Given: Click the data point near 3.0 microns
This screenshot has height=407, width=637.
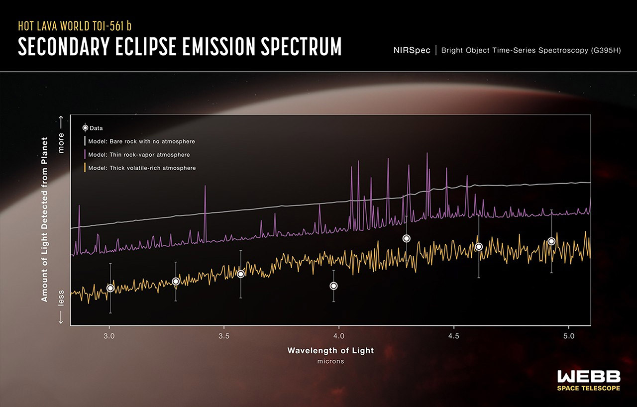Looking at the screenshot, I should coord(110,288).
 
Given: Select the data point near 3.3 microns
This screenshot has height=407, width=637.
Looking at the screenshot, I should coord(176,282).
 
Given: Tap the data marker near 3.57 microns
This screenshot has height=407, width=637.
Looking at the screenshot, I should coord(241,274).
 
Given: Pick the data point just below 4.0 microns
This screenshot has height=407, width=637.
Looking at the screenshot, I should coord(333,286).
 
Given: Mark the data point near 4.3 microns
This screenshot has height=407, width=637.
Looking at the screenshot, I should coord(407,238).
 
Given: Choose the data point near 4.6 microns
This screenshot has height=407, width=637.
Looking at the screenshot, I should coord(479,247).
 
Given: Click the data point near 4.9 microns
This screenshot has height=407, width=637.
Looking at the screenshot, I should coord(551,241).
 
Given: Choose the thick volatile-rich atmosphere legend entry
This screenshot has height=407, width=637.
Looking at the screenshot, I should coord(142,168).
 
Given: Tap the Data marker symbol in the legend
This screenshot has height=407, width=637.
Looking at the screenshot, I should coord(85,128).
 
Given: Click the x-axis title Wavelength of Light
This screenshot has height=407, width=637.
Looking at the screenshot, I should coord(330,350).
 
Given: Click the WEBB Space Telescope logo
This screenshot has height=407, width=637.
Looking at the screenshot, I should coord(588,380).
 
